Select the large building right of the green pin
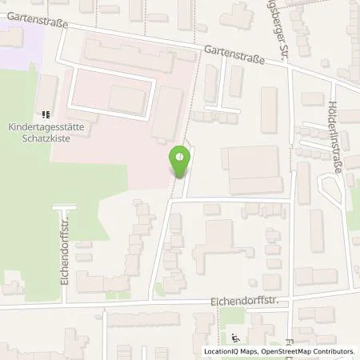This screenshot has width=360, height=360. click(254, 170)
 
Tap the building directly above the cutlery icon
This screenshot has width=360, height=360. click(47, 93)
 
